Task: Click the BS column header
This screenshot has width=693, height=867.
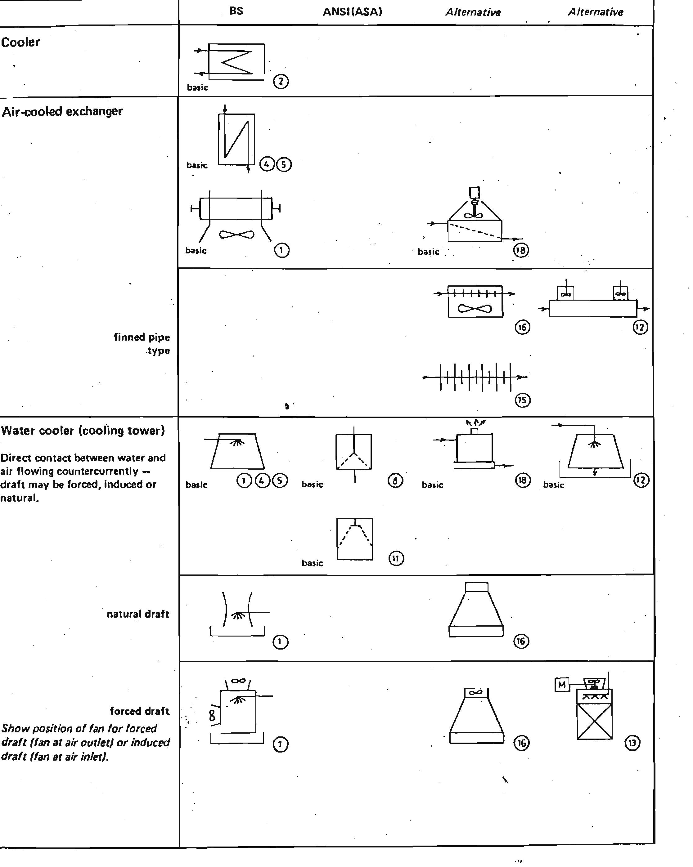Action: coord(236,11)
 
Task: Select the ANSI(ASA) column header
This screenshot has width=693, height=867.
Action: coord(352,12)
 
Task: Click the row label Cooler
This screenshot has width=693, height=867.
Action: coord(20,42)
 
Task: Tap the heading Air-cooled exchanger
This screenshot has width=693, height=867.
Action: coord(62,111)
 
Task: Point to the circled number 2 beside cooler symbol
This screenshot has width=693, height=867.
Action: coord(281,82)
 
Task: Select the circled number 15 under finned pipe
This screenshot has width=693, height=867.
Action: coord(522,400)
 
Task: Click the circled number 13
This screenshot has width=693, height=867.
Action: coord(632,743)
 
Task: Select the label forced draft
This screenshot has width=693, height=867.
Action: coord(139,711)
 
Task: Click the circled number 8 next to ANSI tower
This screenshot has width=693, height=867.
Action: coord(395,480)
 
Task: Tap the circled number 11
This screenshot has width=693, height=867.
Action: coord(396,559)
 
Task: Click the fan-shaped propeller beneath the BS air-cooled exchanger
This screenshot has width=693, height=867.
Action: coord(236,235)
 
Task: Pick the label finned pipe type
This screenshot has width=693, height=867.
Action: coord(142,344)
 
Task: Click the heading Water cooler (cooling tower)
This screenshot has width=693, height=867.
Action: coord(83,431)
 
